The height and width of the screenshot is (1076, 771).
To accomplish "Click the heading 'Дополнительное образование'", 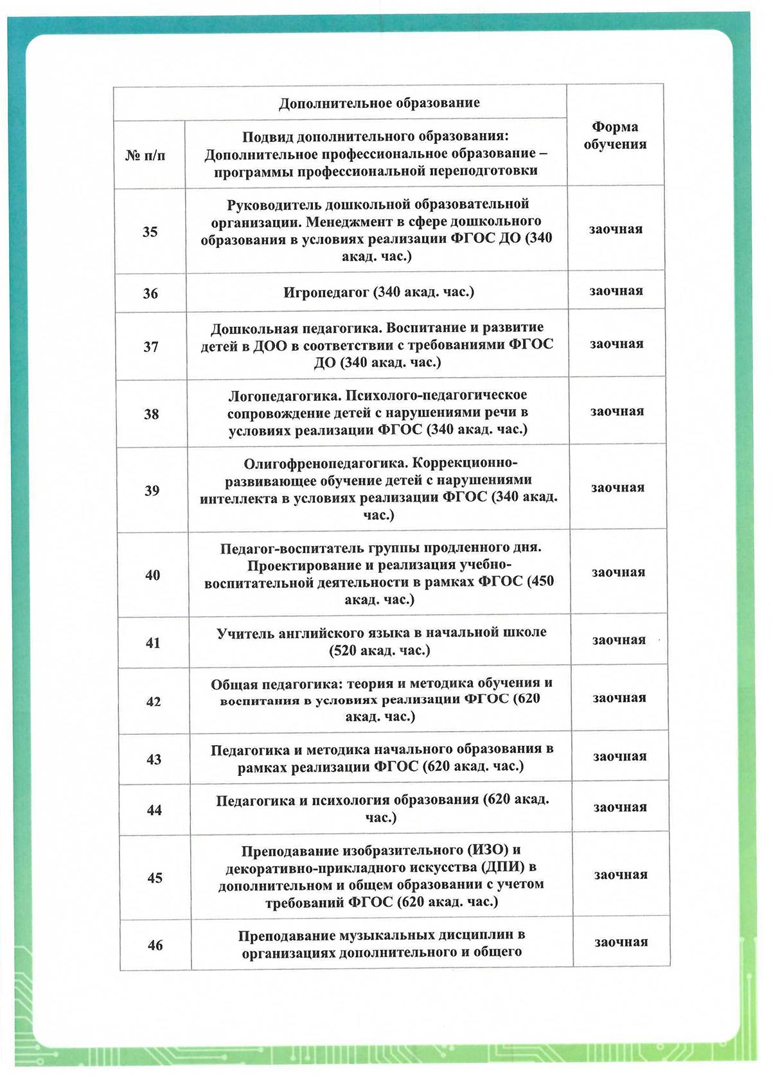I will [379, 103].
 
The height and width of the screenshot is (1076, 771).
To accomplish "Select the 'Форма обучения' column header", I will [615, 136].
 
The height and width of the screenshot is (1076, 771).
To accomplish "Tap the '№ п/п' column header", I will [145, 155].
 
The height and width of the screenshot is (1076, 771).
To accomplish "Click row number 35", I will [150, 232].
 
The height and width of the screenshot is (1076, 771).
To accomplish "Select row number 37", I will [151, 347].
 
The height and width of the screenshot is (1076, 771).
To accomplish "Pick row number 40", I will [152, 575].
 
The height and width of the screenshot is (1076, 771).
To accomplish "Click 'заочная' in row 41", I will [619, 640].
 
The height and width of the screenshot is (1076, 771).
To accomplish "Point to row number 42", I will [153, 701].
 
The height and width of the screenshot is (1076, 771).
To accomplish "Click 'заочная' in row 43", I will [619, 756].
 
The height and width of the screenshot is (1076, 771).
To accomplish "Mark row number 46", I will [155, 945].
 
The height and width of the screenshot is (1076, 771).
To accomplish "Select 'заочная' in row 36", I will [616, 291].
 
